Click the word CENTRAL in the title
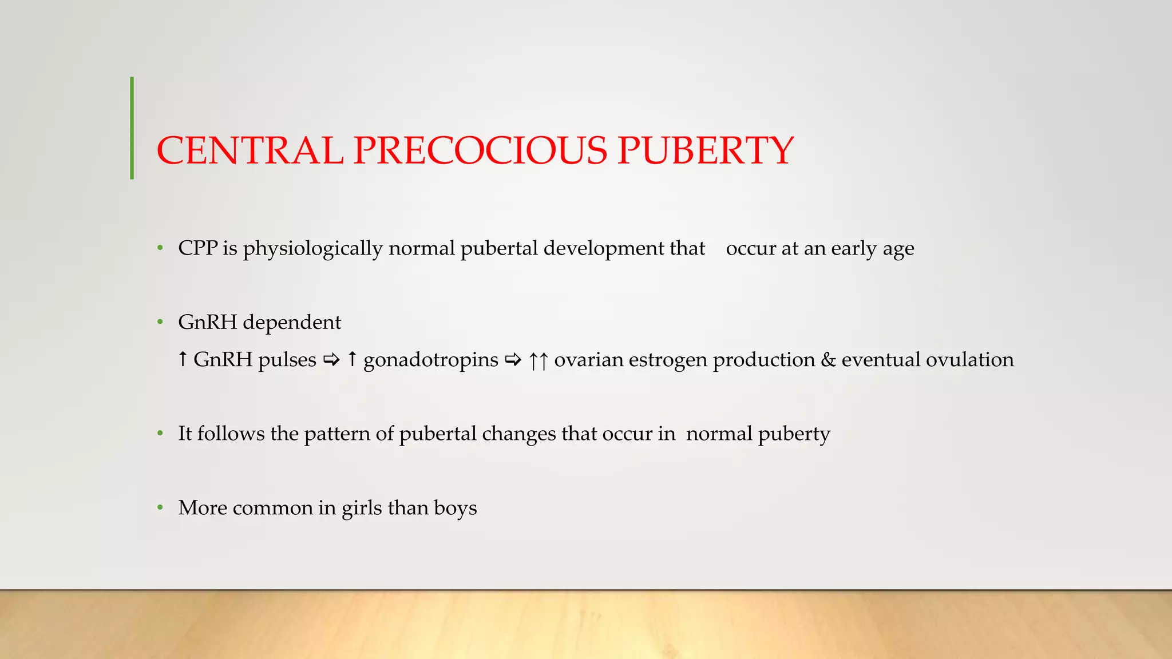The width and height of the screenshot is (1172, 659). [250, 151]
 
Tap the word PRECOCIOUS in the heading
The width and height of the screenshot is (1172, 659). [480, 151]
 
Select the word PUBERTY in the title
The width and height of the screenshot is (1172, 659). [706, 151]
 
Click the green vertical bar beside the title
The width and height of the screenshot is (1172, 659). [132, 128]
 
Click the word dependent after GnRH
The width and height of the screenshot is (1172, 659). [292, 323]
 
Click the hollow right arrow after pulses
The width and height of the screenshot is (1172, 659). [331, 360]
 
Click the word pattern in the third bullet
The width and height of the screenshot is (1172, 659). [337, 434]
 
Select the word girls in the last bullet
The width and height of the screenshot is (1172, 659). [362, 509]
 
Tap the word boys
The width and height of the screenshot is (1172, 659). [455, 509]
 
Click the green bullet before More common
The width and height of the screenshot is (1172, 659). [160, 507]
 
